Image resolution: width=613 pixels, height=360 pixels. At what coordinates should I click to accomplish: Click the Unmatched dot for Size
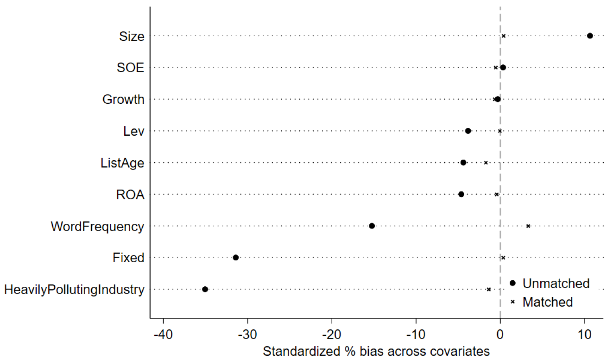tap(590, 36)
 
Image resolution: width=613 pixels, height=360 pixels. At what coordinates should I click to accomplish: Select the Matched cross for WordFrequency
tap(528, 226)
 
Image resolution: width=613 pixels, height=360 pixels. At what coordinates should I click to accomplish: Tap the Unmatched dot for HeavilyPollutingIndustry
tap(205, 289)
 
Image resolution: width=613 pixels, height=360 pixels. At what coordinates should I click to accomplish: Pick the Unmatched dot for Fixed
tap(236, 258)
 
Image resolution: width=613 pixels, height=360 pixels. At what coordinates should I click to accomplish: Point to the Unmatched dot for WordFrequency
tap(372, 226)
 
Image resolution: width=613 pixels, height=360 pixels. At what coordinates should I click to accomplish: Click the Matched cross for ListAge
tap(486, 163)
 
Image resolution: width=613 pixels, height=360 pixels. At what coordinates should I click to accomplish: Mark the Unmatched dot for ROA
tap(461, 194)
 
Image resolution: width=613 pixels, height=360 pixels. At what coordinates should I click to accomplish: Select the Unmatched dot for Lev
tap(468, 131)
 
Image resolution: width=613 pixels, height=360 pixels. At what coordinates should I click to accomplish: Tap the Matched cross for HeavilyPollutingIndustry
tap(489, 290)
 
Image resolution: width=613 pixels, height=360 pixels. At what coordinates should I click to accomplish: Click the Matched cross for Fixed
tap(503, 258)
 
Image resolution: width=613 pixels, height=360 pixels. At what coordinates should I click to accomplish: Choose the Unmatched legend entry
tap(550, 284)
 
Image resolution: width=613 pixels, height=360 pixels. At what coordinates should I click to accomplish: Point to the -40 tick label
tap(163, 335)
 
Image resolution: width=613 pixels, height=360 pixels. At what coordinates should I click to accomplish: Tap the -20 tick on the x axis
tap(332, 321)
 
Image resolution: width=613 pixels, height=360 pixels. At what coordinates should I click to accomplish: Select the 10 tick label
tap(584, 335)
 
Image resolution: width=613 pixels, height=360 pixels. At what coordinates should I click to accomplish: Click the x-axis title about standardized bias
tap(376, 351)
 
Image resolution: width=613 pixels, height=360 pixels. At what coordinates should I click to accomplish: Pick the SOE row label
tap(130, 68)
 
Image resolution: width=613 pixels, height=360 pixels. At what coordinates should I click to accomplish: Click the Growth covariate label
tap(123, 99)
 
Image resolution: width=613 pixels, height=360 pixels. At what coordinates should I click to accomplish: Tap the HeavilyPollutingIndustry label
tap(74, 290)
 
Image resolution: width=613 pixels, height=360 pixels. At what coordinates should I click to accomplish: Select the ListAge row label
tap(122, 163)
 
